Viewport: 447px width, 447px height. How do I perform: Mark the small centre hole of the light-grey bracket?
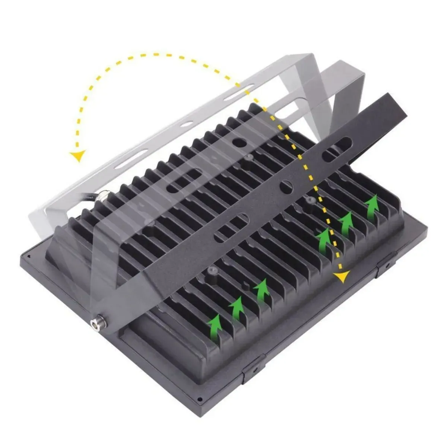tap(187, 123)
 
